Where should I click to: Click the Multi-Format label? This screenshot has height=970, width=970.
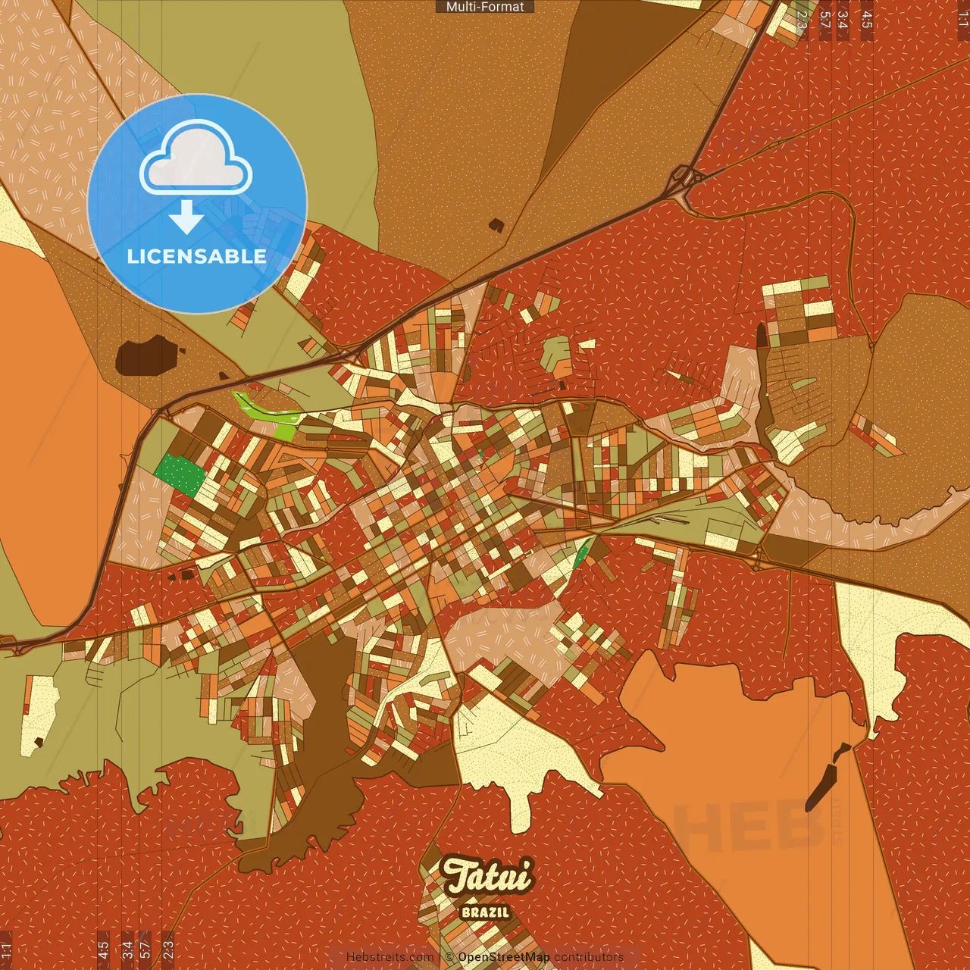pos(485,7)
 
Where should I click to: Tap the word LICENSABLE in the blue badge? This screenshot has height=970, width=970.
pos(197,256)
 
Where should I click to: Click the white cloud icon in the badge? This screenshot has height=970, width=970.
pos(196,158)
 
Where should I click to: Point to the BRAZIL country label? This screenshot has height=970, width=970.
pos(485,912)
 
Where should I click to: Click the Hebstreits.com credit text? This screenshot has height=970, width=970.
pos(390,957)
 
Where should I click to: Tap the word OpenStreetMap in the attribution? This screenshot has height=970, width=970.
pos(503,957)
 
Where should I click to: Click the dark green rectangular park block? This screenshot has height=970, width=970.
pos(180,475)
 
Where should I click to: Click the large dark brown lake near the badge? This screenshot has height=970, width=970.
pos(146,355)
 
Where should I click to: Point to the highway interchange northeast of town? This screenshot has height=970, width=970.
pos(686,180)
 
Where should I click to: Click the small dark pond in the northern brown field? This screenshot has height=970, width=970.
pos(496,225)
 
